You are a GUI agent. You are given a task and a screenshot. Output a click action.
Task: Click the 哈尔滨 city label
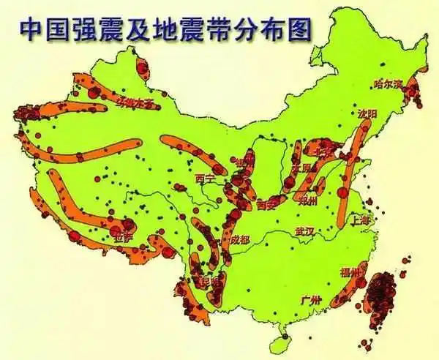(x=389, y=83)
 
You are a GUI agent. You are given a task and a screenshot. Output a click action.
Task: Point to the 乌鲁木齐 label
(x=136, y=103)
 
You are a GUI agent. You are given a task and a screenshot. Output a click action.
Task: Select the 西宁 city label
(x=206, y=178)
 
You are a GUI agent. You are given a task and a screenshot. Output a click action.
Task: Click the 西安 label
(x=268, y=206)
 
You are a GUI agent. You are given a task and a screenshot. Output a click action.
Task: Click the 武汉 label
(x=304, y=232)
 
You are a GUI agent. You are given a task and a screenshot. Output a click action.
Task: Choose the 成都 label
(x=239, y=239)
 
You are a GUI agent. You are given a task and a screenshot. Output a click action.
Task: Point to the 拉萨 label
(x=121, y=236)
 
